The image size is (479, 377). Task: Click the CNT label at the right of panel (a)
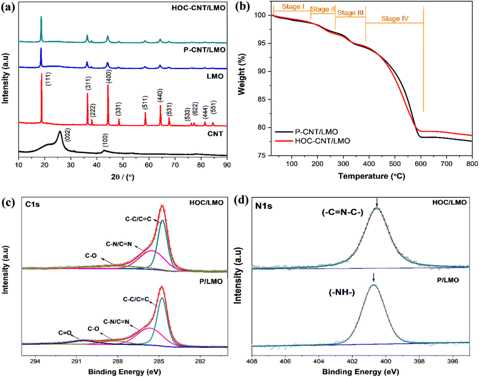point(215,134)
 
